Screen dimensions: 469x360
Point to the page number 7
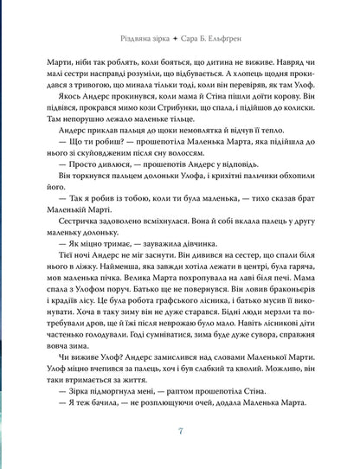(x=180, y=432)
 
